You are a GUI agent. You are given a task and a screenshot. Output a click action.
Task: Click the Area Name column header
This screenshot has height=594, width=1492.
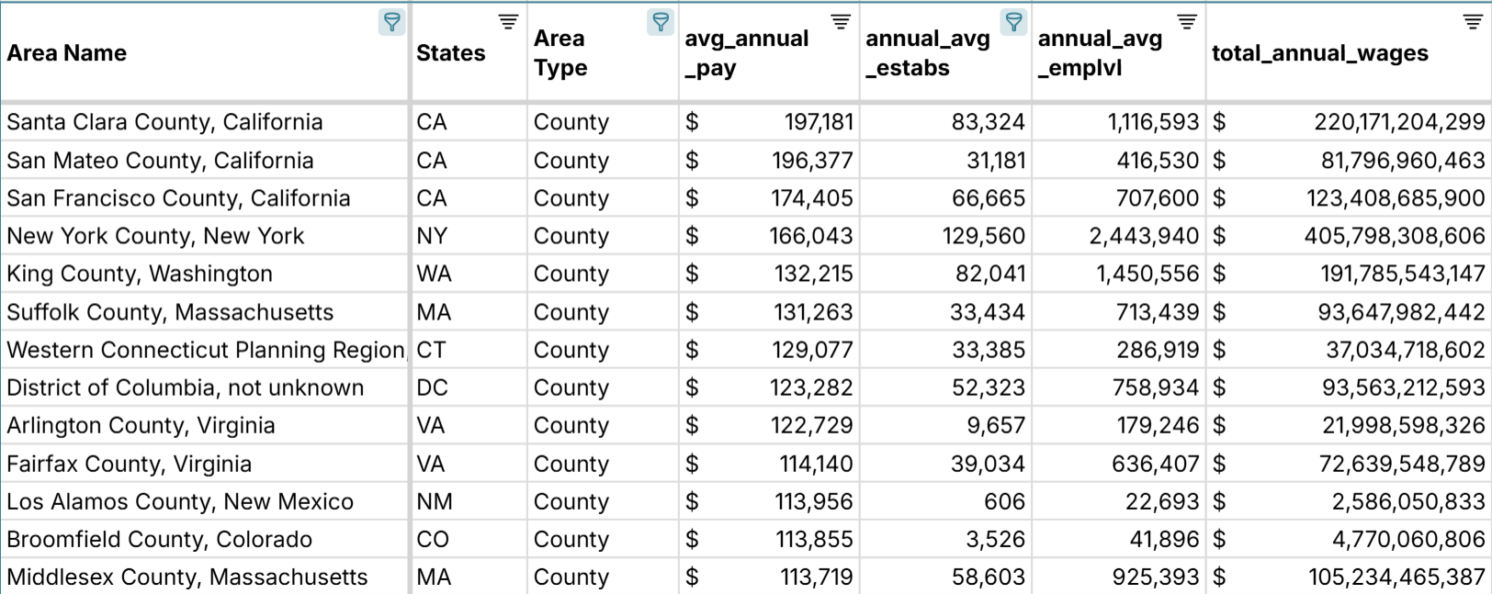[67, 53]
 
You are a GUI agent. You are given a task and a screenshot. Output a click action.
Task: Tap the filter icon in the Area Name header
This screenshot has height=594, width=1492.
[391, 22]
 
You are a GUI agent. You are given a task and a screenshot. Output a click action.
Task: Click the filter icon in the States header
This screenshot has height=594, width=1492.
[508, 22]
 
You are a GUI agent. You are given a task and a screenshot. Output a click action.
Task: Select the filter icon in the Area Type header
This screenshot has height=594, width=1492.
[660, 22]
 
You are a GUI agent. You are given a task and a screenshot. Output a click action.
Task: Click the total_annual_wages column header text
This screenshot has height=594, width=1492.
[1319, 53]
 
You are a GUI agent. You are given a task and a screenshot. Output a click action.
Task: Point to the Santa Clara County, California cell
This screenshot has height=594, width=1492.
[164, 122]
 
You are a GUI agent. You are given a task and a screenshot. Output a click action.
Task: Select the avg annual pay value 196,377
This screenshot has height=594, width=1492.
[812, 161]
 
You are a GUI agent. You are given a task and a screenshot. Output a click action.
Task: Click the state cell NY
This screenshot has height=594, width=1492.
[432, 236]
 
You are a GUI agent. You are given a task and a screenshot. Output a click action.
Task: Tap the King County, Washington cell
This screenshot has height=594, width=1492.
[140, 274]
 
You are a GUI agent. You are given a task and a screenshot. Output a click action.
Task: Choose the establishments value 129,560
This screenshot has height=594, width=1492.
[983, 236]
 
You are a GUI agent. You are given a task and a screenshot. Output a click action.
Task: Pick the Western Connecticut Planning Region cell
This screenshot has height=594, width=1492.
[206, 350]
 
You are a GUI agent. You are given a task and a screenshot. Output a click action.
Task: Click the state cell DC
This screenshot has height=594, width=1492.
[433, 387]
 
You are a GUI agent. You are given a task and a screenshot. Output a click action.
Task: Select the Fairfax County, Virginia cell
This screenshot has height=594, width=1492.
[129, 464]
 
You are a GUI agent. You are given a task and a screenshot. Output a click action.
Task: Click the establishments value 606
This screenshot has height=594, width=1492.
[1004, 501]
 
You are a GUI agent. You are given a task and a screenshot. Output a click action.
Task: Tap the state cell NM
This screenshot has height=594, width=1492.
[435, 501]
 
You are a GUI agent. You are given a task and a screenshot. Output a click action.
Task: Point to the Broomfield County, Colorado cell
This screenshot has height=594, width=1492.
[159, 539]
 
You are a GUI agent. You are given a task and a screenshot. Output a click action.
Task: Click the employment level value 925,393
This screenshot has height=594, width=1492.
[1156, 577]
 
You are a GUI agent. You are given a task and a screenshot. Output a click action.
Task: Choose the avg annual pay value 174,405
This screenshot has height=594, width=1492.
[812, 198]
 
